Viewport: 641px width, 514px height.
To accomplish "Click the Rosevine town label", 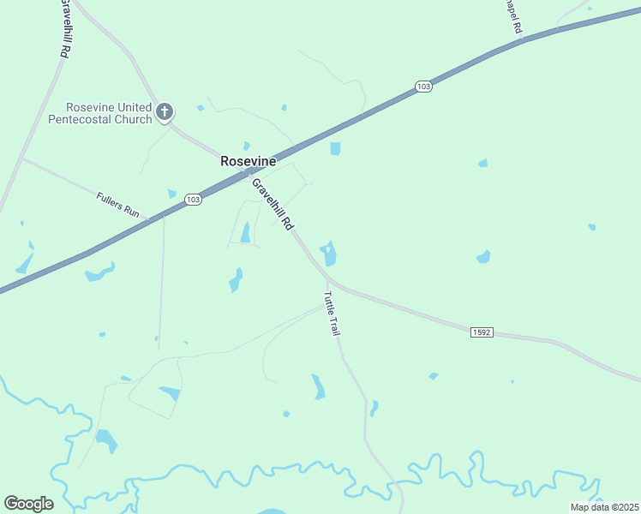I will (249, 161).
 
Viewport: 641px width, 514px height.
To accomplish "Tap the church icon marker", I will (165, 111).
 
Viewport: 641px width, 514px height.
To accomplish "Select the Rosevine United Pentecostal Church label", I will (110, 113).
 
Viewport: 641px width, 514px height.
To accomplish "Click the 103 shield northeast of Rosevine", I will (422, 87).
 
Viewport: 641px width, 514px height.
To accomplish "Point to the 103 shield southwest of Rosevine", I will (193, 199).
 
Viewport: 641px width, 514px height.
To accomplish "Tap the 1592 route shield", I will (482, 332).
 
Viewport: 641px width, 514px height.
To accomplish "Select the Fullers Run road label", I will (119, 204).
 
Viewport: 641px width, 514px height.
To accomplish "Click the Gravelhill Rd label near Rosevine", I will (273, 204).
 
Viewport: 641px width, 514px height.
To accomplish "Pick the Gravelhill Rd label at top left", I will (63, 28).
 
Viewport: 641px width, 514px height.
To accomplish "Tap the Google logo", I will (28, 504).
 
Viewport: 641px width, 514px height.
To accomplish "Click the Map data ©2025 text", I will (603, 507).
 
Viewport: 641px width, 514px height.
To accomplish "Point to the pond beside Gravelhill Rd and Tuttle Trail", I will (328, 254).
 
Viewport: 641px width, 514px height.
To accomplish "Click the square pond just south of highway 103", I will (336, 149).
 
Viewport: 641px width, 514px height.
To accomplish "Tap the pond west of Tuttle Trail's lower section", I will (318, 386).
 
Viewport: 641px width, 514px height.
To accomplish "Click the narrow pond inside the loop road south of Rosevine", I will (245, 232).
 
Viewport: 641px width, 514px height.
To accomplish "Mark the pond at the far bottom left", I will (106, 441).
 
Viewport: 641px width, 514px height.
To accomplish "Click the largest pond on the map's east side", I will (483, 256).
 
